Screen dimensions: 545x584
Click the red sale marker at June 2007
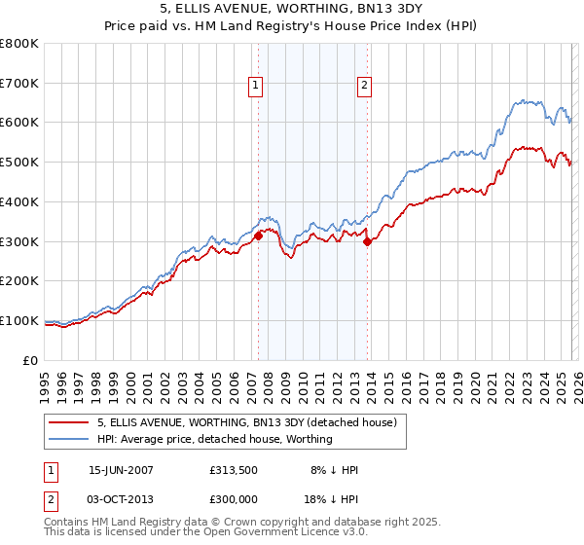[258, 236]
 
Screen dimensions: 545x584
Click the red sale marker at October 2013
[367, 243]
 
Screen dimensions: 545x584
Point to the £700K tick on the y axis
[19, 84]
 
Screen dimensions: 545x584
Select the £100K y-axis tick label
[19, 320]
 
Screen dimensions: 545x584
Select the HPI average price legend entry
[214, 440]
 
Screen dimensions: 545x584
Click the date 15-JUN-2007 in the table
[121, 470]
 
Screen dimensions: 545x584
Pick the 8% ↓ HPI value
[333, 470]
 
